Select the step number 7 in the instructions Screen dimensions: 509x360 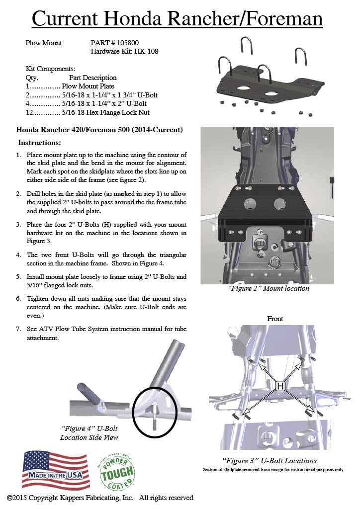tap(18, 329)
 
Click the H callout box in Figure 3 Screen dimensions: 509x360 tap(280, 385)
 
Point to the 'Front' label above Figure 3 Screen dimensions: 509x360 tap(275, 319)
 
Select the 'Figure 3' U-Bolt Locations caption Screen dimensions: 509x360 tap(269, 461)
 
